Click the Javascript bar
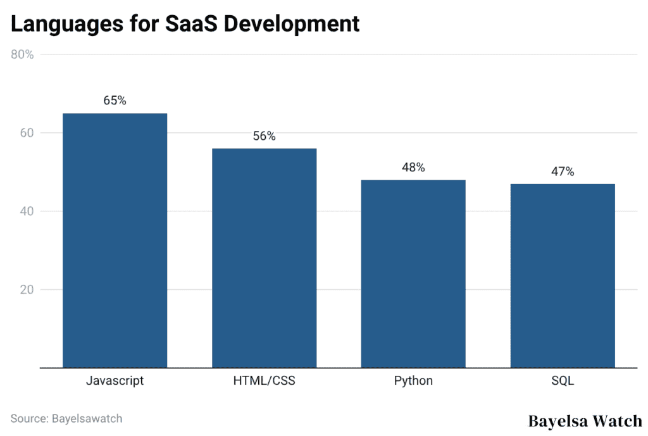point(115,240)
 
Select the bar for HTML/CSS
point(264,258)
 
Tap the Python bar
point(413,273)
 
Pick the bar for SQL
point(563,275)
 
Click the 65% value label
point(115,101)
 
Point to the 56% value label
point(264,136)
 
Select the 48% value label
point(413,168)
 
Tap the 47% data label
point(563,171)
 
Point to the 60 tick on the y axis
point(25,133)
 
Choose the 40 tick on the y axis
point(25,211)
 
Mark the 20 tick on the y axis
point(25,290)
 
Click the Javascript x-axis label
point(115,381)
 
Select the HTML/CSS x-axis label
point(264,381)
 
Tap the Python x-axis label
point(413,381)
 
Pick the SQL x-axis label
point(563,381)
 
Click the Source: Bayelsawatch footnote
point(66,418)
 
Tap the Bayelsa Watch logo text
point(585,421)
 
